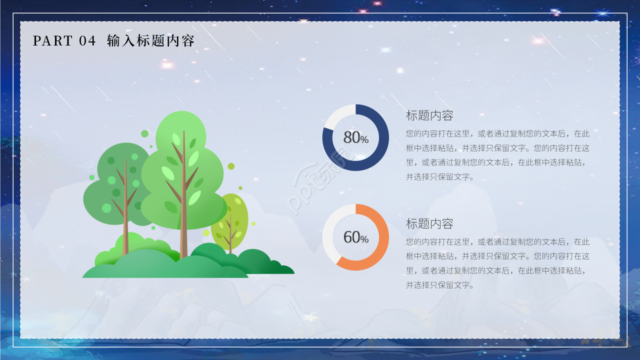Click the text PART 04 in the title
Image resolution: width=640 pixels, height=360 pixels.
(64, 41)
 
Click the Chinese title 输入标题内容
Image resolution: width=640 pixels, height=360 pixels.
(150, 41)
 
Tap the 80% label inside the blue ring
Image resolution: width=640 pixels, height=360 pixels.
(355, 137)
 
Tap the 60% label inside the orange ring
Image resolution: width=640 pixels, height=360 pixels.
(355, 237)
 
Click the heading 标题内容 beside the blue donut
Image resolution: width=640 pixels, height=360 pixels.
(429, 115)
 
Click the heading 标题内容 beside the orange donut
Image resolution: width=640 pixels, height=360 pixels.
(429, 223)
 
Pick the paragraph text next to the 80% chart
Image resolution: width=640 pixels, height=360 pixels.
(497, 155)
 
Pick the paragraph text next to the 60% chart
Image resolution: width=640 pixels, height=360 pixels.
(497, 263)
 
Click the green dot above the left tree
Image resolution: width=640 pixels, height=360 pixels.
(144, 133)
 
